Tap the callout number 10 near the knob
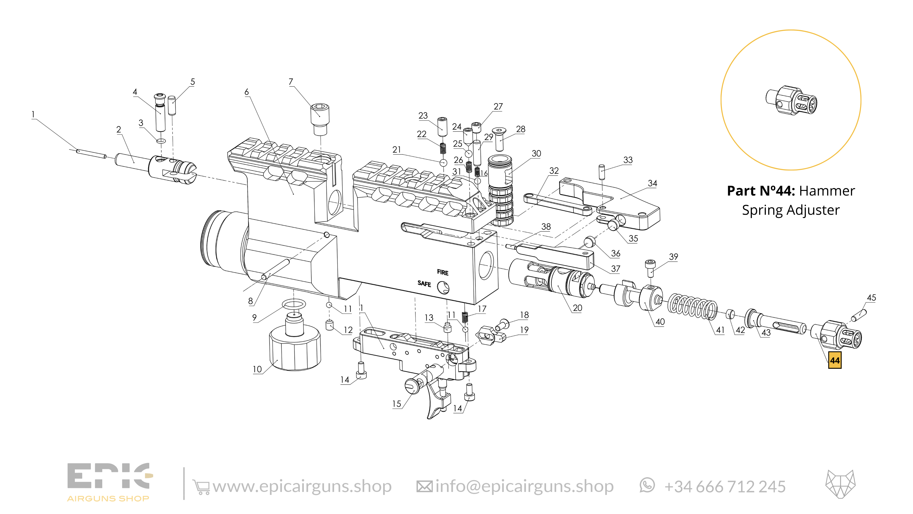pos(257,369)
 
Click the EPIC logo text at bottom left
pos(108,476)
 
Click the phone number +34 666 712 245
pos(724,487)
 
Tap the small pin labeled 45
pos(860,315)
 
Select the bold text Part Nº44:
pos(761,191)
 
